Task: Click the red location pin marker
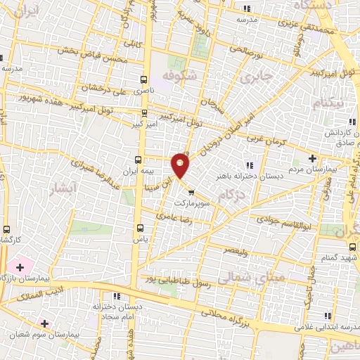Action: click(181, 165)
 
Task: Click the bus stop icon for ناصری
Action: click(144, 79)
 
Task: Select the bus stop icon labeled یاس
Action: click(139, 227)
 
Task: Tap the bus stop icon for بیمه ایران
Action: click(139, 159)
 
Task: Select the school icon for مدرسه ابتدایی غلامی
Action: click(326, 316)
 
